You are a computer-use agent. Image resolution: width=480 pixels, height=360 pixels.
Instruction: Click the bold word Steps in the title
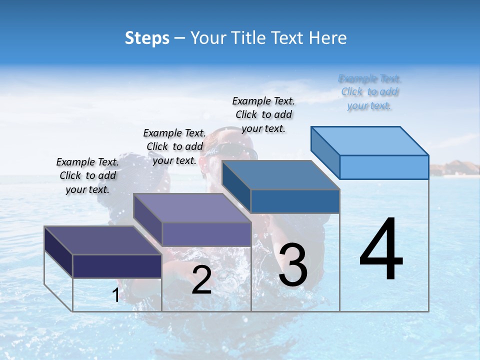point(147,38)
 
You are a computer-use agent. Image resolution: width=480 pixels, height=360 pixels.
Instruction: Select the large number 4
point(381,250)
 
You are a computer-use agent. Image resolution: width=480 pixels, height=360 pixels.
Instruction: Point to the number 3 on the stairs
point(292,265)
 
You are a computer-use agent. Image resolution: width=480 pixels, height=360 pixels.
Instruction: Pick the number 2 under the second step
point(201,280)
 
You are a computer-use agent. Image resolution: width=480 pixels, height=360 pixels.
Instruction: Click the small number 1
point(116,295)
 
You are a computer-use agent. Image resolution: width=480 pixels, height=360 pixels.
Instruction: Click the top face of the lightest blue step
point(370,140)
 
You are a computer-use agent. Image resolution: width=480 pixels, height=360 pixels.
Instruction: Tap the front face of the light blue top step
point(384,167)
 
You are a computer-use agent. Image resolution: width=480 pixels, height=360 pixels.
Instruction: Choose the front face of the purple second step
point(206,234)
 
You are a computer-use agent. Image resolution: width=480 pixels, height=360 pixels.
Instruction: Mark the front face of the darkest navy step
point(117,266)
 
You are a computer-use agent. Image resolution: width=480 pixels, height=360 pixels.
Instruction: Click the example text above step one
point(88,175)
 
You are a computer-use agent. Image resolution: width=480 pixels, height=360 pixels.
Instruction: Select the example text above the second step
point(175,146)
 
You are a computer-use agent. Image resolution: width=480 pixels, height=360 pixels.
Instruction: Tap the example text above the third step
point(264,114)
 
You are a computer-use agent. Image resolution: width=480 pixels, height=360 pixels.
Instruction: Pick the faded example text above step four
point(370,92)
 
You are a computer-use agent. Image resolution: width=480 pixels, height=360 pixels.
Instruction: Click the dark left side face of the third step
point(236,186)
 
